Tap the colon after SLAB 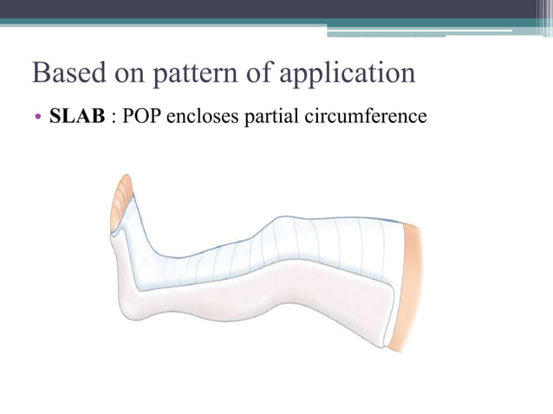pos(114,117)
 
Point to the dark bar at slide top pos(276,9)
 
